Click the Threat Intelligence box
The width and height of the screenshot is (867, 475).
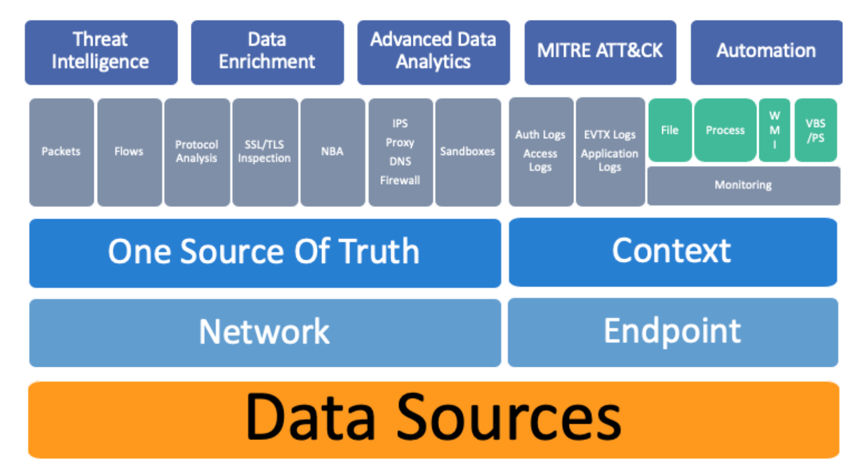tap(101, 52)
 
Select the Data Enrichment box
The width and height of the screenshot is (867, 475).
tap(267, 52)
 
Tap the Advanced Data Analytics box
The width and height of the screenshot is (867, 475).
tap(433, 52)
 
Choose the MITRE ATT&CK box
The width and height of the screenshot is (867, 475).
tap(599, 52)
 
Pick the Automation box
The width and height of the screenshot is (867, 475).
tap(766, 52)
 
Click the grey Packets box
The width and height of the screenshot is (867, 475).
tap(61, 151)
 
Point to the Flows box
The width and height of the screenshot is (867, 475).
tap(129, 151)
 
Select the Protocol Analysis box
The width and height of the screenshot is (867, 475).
tap(196, 151)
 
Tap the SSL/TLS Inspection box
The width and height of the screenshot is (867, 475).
tap(264, 151)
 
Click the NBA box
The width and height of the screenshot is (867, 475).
tap(332, 151)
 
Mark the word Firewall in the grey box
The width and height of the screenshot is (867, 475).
tap(400, 180)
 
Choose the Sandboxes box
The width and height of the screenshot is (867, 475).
tap(467, 151)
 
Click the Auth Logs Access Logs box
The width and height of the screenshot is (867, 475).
tap(540, 151)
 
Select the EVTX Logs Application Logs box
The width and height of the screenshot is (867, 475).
tap(609, 151)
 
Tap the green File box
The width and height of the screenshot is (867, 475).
tap(669, 130)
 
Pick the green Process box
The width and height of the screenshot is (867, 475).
tap(725, 130)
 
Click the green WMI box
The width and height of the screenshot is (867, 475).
tap(774, 130)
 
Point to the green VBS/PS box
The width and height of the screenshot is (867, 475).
tap(815, 130)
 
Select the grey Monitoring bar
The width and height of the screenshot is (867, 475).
tap(743, 185)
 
